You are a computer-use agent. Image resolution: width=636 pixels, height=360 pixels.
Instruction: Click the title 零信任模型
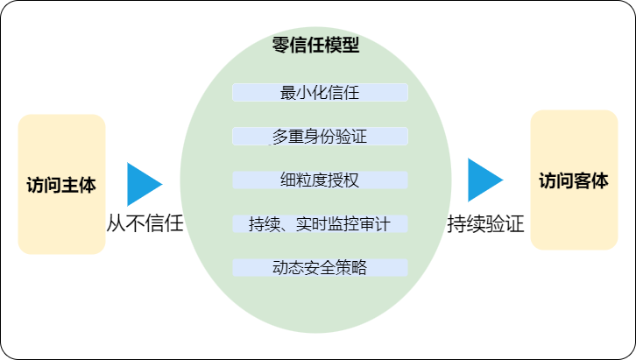coord(315,45)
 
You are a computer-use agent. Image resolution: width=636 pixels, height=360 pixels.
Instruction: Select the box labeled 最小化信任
coord(320,93)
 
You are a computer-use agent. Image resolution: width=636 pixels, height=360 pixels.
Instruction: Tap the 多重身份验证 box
coord(320,137)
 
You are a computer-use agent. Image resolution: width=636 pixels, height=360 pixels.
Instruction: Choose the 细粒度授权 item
coord(320,180)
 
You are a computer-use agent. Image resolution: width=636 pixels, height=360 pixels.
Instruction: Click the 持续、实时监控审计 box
coord(320,223)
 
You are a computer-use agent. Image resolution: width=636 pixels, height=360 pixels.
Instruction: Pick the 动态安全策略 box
coord(320,267)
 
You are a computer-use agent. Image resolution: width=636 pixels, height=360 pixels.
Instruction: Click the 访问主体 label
coord(61,185)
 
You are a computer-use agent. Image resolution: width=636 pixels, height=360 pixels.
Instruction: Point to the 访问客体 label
coord(574,180)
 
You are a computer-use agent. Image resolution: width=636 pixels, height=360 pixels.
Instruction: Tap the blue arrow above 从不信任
coord(145,184)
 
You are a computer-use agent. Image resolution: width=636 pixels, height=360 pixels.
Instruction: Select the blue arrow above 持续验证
coord(485,180)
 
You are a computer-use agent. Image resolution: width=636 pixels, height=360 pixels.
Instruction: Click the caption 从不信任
coord(145,223)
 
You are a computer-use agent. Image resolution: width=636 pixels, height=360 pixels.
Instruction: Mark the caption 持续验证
coord(486,223)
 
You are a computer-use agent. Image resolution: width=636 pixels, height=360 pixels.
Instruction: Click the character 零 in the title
coord(280,45)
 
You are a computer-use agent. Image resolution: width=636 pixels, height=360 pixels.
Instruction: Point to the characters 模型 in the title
coord(342,45)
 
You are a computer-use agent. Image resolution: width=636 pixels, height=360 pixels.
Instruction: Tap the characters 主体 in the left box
coord(80,185)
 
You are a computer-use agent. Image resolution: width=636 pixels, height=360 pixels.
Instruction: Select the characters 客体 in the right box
coord(592,180)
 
